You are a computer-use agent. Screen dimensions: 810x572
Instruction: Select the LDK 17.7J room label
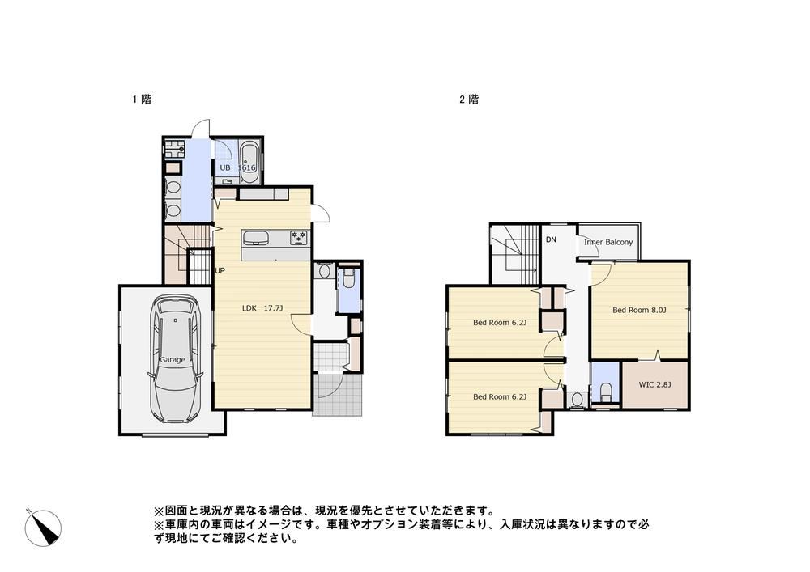coord(262,308)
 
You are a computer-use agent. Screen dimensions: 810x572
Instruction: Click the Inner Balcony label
coord(608,242)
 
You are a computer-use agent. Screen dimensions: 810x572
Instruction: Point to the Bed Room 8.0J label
coord(639,310)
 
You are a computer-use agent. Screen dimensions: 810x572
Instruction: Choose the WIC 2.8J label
coord(655,384)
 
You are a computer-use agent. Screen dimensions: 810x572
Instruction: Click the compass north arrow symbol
coord(44,528)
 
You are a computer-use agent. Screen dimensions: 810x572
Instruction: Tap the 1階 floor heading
coord(142,99)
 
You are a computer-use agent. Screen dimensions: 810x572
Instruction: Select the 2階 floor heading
coord(469,99)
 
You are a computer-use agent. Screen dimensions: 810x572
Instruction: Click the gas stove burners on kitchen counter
coord(299,238)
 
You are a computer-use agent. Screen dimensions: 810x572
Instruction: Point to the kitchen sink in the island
coord(255,239)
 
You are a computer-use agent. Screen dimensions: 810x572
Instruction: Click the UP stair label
coord(220,270)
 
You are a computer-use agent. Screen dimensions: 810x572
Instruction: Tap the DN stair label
coord(551,239)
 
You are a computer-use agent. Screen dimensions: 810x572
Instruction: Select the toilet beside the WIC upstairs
coord(605,392)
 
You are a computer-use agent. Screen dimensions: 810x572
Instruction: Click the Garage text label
coord(172,359)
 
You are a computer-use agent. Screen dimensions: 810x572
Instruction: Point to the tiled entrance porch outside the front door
coord(339,396)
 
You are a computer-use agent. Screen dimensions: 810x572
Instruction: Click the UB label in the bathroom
coord(224,167)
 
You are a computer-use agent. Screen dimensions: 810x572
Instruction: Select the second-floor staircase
coord(515,254)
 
